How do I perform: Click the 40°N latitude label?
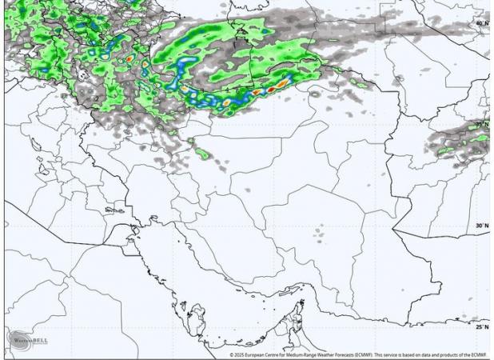coord(481,23)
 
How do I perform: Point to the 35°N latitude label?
coord(481,126)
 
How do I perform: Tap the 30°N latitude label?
coord(481,226)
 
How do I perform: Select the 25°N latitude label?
coord(481,326)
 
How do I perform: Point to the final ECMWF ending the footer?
coord(479,354)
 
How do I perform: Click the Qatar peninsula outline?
coord(194,320)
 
